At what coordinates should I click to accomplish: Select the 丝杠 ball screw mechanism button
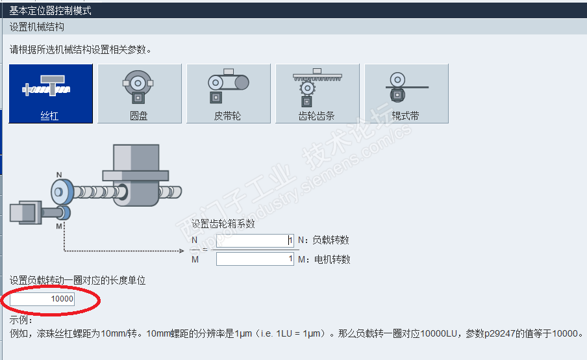click(50, 94)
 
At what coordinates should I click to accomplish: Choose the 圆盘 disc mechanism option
click(139, 94)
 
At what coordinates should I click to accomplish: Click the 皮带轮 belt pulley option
click(228, 94)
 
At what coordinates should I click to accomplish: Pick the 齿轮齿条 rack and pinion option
click(317, 94)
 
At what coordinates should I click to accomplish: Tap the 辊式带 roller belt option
click(406, 94)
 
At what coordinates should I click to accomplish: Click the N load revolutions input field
click(255, 240)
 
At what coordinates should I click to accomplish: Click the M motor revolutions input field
click(255, 259)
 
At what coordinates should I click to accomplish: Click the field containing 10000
click(42, 299)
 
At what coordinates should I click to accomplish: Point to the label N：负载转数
click(323, 240)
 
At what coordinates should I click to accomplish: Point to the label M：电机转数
click(323, 259)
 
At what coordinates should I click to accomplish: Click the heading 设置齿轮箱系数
click(223, 224)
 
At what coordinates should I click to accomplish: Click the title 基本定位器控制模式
click(50, 10)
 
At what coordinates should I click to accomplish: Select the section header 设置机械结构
click(37, 27)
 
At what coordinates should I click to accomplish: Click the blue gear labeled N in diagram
click(62, 192)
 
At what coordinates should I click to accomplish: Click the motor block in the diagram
click(25, 212)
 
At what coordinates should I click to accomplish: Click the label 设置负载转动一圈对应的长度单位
click(77, 281)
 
